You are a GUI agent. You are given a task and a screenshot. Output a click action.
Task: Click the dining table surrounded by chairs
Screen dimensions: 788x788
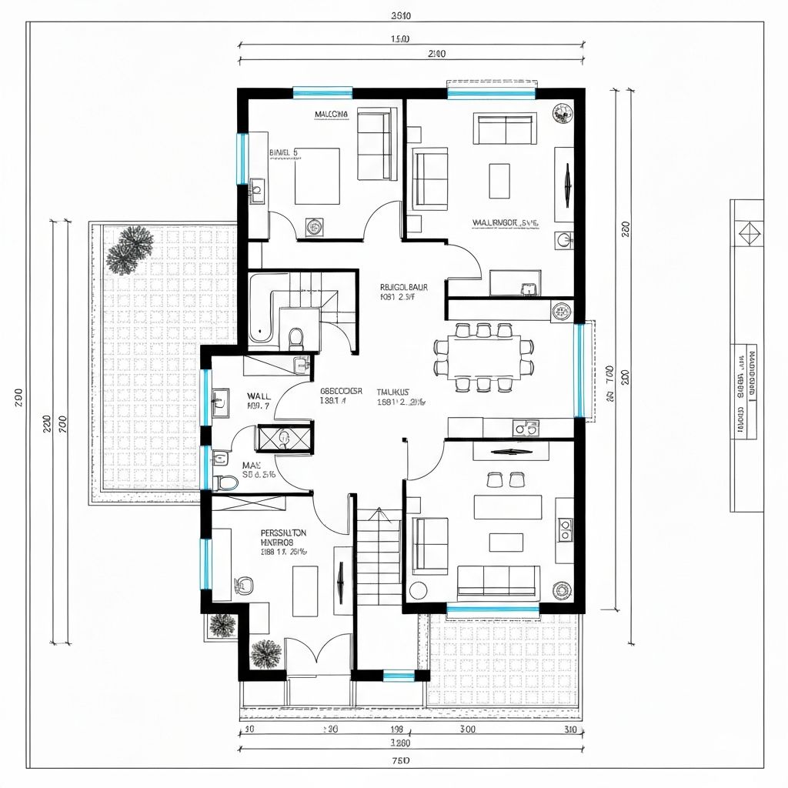pos(483,357)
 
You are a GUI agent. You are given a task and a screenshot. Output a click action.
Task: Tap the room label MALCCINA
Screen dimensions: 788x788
pos(332,115)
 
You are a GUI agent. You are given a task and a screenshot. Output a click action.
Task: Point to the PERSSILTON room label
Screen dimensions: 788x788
pos(283,533)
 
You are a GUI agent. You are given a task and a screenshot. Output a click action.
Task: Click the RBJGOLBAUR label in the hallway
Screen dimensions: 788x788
pos(404,287)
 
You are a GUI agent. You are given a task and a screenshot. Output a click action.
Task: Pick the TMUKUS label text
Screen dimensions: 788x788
pos(394,391)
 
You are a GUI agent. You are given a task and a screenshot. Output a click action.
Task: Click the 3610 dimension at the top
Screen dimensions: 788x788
pos(401,15)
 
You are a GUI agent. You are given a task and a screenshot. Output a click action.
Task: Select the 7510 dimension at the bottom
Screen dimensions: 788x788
pos(401,760)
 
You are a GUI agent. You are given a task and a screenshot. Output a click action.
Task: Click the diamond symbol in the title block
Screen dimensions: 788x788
pos(746,232)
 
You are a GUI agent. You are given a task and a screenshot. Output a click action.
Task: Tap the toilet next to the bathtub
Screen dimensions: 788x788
pos(295,336)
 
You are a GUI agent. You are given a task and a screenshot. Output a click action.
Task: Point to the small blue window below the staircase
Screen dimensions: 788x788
pos(399,676)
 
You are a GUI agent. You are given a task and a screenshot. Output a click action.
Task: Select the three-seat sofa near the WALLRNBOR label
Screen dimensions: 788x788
pos(506,129)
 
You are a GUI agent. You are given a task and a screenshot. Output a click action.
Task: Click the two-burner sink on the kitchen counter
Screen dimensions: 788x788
pos(526,427)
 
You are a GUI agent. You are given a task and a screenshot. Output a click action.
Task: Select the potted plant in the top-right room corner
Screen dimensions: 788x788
pos(563,114)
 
